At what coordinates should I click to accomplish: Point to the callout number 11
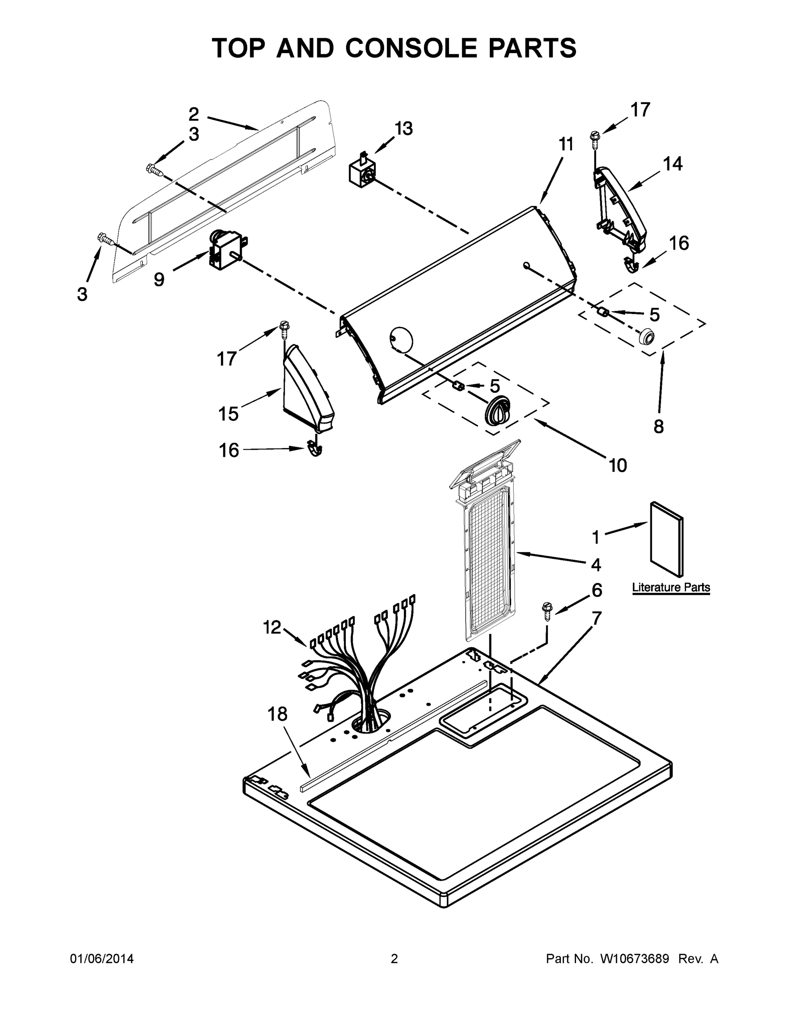point(566,145)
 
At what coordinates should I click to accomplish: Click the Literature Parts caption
point(671,588)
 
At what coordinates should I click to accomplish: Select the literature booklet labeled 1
point(667,539)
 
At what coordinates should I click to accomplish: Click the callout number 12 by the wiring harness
point(272,627)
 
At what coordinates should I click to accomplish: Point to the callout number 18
point(277,714)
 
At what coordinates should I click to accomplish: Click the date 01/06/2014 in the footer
point(102,959)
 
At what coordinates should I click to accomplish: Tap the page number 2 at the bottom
point(394,959)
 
